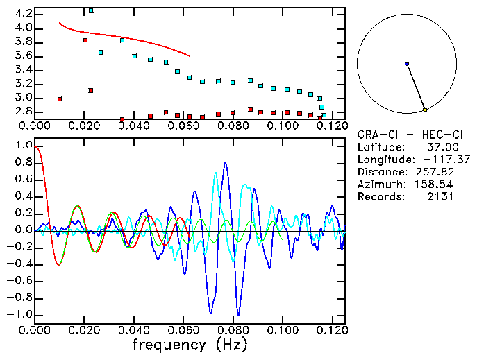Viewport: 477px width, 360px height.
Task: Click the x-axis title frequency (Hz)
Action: pyautogui.click(x=189, y=344)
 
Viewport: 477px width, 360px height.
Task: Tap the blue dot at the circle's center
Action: pyautogui.click(x=407, y=64)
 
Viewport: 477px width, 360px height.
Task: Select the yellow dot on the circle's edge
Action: pyautogui.click(x=425, y=110)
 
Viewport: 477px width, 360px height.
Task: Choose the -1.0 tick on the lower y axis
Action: pyautogui.click(x=20, y=314)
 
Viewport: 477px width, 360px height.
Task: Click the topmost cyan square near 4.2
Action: pyautogui.click(x=91, y=11)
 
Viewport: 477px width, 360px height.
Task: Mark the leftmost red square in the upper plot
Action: pyautogui.click(x=60, y=99)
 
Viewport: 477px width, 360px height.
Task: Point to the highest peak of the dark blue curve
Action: pyautogui.click(x=225, y=163)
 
